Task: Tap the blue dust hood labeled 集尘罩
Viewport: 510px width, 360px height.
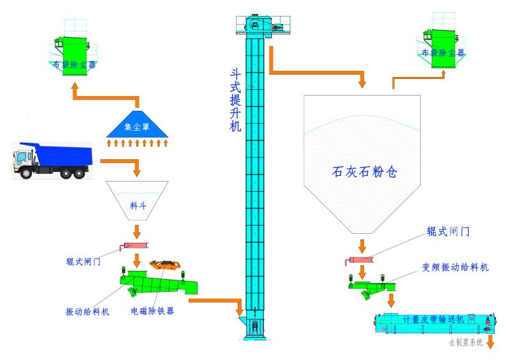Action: (x=138, y=126)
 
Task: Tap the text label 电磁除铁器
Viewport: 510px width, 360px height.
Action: (x=152, y=311)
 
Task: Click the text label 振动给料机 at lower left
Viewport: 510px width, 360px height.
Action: (x=87, y=312)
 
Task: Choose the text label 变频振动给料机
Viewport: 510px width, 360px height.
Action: (x=455, y=268)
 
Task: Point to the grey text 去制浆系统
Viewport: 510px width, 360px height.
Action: (x=465, y=342)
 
